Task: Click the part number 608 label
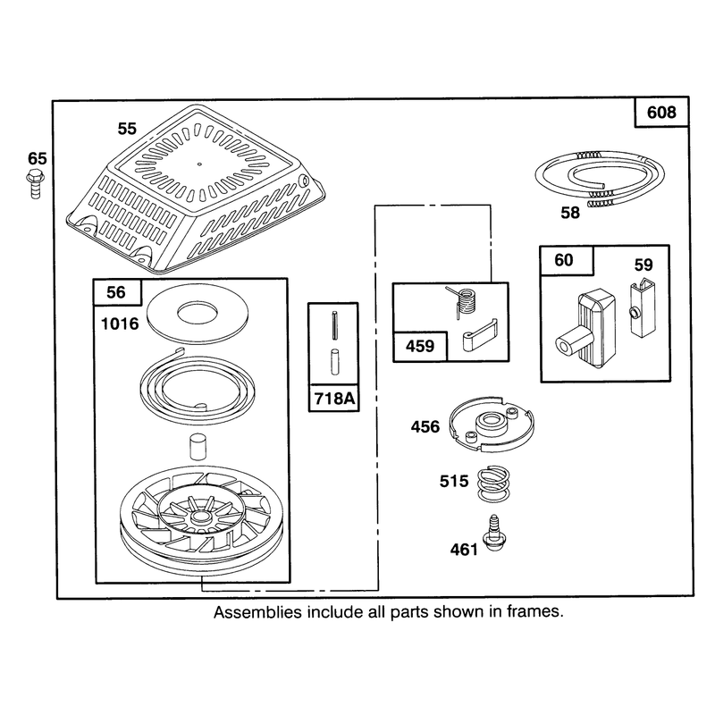coord(661,113)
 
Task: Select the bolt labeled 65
coord(35,184)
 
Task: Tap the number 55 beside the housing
coord(127,129)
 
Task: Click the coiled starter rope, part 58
coord(600,179)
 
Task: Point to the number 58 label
coord(570,213)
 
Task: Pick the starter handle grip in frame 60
coord(586,327)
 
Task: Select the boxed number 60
coord(564,260)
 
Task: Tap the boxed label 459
coord(420,346)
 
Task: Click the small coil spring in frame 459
coord(462,301)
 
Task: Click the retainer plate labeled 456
coord(491,425)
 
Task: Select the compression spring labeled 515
coord(493,484)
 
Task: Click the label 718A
coord(334,399)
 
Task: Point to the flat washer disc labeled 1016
coord(198,314)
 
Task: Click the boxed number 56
coord(116,292)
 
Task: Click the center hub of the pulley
coord(198,517)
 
